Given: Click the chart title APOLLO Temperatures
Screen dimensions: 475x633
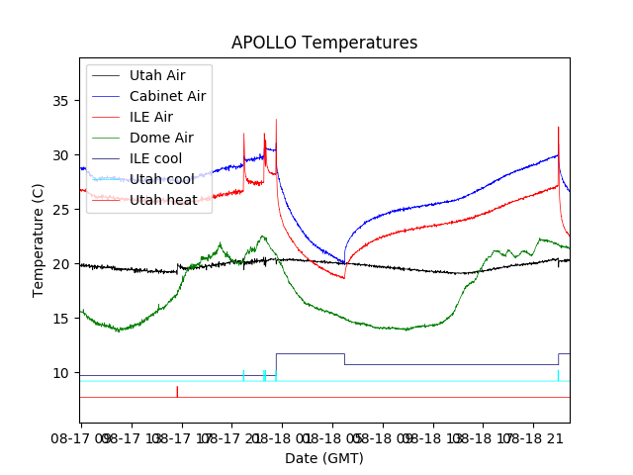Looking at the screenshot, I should (x=324, y=43).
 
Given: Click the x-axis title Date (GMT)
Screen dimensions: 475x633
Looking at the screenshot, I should (x=324, y=458).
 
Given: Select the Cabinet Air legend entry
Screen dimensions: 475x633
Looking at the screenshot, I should (x=167, y=96).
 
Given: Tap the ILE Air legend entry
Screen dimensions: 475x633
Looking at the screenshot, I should (x=150, y=117).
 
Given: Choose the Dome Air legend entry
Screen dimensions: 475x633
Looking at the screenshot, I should (x=161, y=138).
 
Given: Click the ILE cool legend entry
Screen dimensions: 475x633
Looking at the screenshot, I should (x=155, y=158).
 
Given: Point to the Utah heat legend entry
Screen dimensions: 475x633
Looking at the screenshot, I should (x=163, y=200).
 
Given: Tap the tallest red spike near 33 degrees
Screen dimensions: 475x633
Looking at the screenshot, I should (x=276, y=122).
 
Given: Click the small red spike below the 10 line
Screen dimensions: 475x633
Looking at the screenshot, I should (x=177, y=391).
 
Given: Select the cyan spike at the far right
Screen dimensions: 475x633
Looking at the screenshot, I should (x=558, y=374).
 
